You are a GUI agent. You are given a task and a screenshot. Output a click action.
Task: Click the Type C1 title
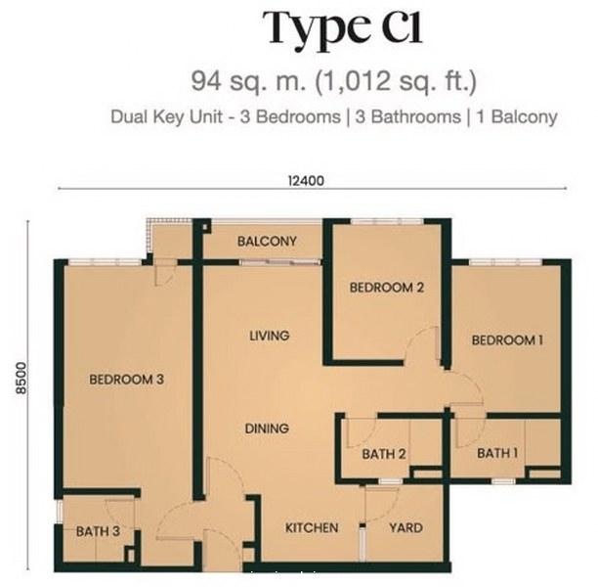(343, 29)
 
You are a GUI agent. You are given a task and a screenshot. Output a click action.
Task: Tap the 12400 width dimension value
(306, 181)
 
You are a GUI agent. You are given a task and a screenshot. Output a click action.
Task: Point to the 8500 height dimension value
(21, 378)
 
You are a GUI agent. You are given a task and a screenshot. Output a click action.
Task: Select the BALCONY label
(267, 241)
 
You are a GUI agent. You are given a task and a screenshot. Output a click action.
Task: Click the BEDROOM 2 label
(387, 288)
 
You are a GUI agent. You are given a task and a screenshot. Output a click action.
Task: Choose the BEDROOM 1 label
(507, 339)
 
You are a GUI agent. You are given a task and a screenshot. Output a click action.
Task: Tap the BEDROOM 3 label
(127, 380)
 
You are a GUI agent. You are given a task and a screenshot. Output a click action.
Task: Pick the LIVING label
(270, 336)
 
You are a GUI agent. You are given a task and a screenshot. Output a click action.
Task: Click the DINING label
(267, 429)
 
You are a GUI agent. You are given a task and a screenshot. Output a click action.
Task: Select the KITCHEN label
(312, 527)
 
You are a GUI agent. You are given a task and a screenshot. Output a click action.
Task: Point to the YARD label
(406, 527)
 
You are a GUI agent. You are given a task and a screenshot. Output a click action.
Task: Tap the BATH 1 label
(497, 453)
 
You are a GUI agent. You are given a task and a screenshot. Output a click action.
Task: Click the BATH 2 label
(384, 454)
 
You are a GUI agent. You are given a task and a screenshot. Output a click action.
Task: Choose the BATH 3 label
(98, 531)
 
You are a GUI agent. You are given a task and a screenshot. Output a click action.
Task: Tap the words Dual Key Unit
(166, 116)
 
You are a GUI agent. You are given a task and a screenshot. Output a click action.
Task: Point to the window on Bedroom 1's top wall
(505, 262)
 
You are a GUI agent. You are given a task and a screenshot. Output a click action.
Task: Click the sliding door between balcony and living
(280, 262)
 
